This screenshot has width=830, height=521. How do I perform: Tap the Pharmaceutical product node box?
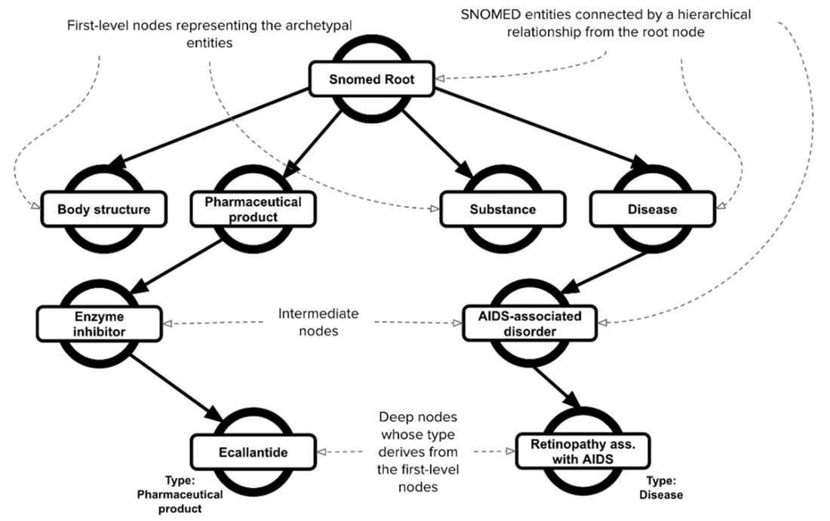pyautogui.click(x=252, y=210)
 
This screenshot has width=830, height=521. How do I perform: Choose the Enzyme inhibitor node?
pyautogui.click(x=99, y=322)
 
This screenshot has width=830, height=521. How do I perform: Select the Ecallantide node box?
pyautogui.click(x=253, y=453)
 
